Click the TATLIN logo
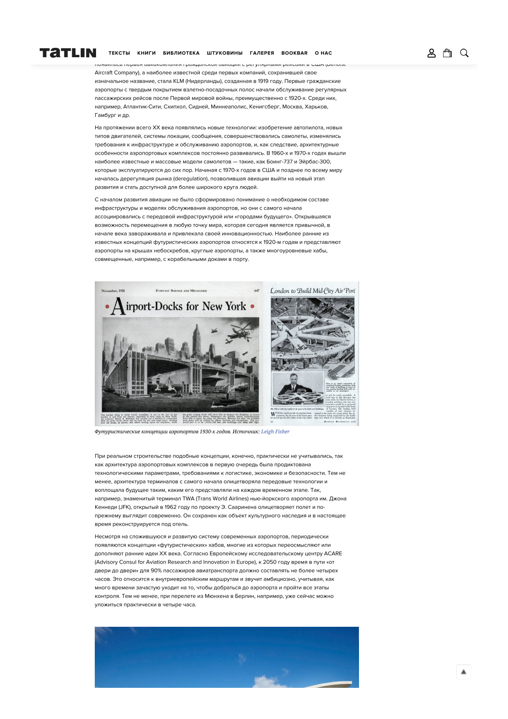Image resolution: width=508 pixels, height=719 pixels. (68, 53)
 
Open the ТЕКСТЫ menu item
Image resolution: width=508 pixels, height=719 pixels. (119, 53)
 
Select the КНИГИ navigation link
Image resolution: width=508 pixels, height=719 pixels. (146, 53)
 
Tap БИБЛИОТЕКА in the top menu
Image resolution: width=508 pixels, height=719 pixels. (181, 53)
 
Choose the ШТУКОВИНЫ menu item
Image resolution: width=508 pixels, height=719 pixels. (225, 53)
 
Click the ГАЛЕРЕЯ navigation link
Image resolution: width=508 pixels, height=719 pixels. (262, 53)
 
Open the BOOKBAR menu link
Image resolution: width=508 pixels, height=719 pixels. (294, 53)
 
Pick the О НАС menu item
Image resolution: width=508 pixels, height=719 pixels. (323, 53)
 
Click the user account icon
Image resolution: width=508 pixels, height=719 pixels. (432, 53)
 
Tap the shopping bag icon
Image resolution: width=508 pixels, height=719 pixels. (447, 53)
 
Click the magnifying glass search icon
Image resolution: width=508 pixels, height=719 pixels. (464, 53)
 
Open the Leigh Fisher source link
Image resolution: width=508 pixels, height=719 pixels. (275, 432)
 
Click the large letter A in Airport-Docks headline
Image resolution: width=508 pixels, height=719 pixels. (118, 307)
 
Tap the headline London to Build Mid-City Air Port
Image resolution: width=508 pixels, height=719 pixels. (312, 291)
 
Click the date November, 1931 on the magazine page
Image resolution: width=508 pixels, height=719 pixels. (113, 291)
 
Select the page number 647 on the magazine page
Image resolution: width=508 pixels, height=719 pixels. (257, 291)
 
